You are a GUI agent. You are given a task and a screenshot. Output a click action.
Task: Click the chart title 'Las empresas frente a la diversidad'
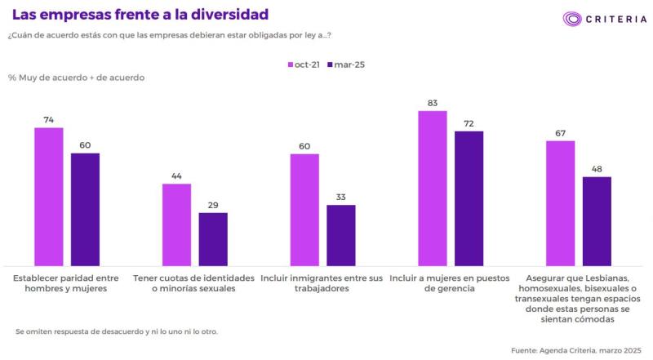pos(140,15)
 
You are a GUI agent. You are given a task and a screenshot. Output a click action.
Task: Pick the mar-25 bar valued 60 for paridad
pos(85,209)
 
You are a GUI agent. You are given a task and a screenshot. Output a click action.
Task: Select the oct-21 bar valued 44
pos(176,224)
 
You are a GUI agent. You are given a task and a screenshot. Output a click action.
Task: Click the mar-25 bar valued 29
pos(213,238)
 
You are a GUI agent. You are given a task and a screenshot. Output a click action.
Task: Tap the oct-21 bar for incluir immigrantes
pos(304,209)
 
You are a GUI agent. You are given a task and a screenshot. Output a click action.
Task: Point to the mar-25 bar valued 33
pos(341,235)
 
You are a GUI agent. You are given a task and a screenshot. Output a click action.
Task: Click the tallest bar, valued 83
pos(433,188)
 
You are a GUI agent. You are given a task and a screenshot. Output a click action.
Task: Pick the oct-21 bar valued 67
pos(560,202)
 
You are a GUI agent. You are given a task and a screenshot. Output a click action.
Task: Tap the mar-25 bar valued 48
pos(597,220)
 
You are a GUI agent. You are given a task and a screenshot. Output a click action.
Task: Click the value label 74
pos(48,119)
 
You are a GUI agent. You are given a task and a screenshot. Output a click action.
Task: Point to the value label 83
pos(433,103)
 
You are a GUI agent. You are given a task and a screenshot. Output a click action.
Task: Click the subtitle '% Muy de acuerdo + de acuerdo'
pos(77,78)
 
